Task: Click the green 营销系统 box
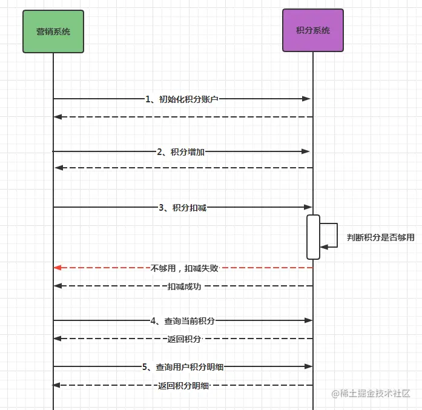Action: click(x=53, y=31)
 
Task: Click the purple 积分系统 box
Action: click(x=312, y=30)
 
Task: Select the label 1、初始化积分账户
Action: click(x=182, y=99)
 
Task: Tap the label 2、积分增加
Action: click(x=180, y=152)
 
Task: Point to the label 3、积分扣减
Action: click(x=182, y=208)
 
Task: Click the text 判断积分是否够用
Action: click(x=380, y=237)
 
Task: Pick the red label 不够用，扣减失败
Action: click(x=184, y=268)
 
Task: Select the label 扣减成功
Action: click(x=184, y=286)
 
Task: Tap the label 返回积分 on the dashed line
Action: click(x=184, y=339)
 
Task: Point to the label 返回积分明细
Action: click(x=183, y=386)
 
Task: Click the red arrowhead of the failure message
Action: click(x=58, y=268)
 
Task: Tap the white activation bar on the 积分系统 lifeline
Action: click(x=313, y=237)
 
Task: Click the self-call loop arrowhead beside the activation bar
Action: click(x=324, y=246)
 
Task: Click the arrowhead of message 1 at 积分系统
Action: click(x=307, y=99)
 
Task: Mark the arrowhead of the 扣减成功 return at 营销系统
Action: click(x=58, y=286)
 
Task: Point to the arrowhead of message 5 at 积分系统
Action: click(x=308, y=366)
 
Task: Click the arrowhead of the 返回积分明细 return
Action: click(x=57, y=385)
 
